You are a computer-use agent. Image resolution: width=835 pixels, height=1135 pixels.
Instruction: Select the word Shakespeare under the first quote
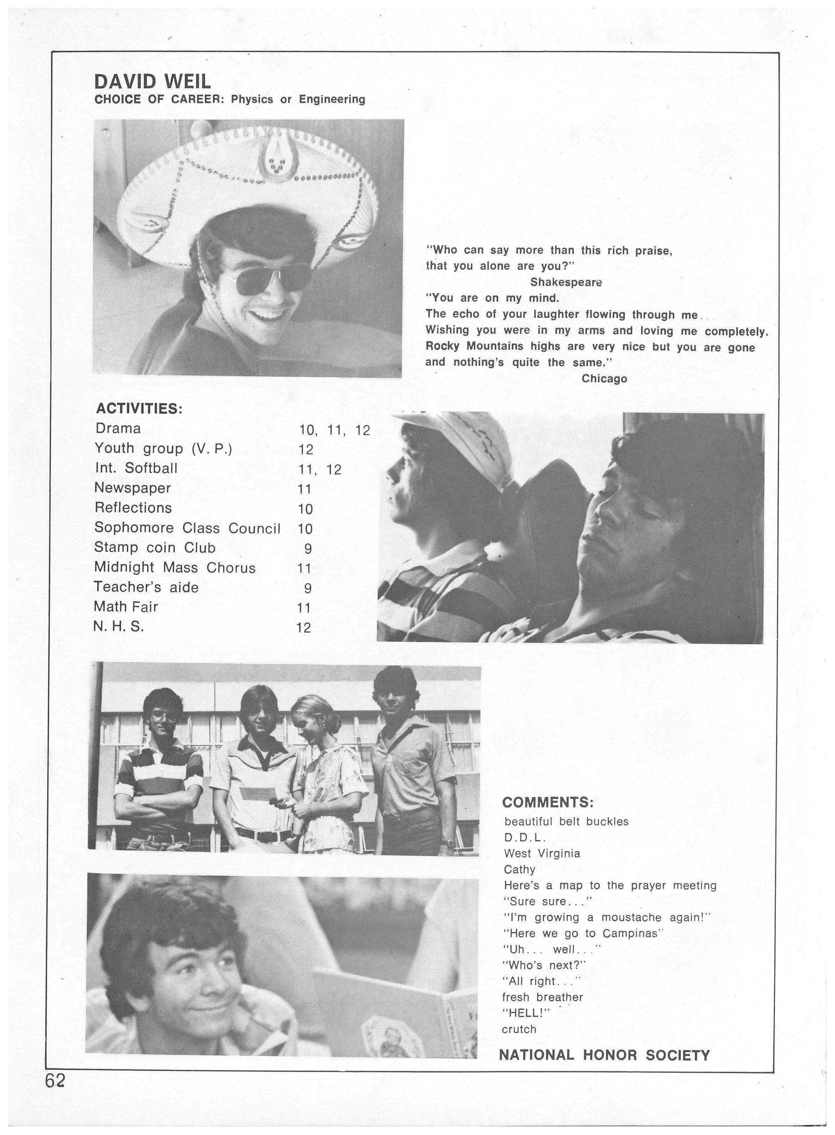[x=566, y=282]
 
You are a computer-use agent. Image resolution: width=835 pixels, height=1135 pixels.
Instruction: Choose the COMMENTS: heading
[x=547, y=802]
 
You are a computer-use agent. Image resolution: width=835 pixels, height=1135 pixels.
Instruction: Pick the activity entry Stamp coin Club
[x=155, y=548]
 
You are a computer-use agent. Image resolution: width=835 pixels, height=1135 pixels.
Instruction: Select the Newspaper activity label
[x=133, y=488]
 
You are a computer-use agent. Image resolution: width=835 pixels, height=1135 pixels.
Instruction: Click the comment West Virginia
[x=542, y=853]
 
